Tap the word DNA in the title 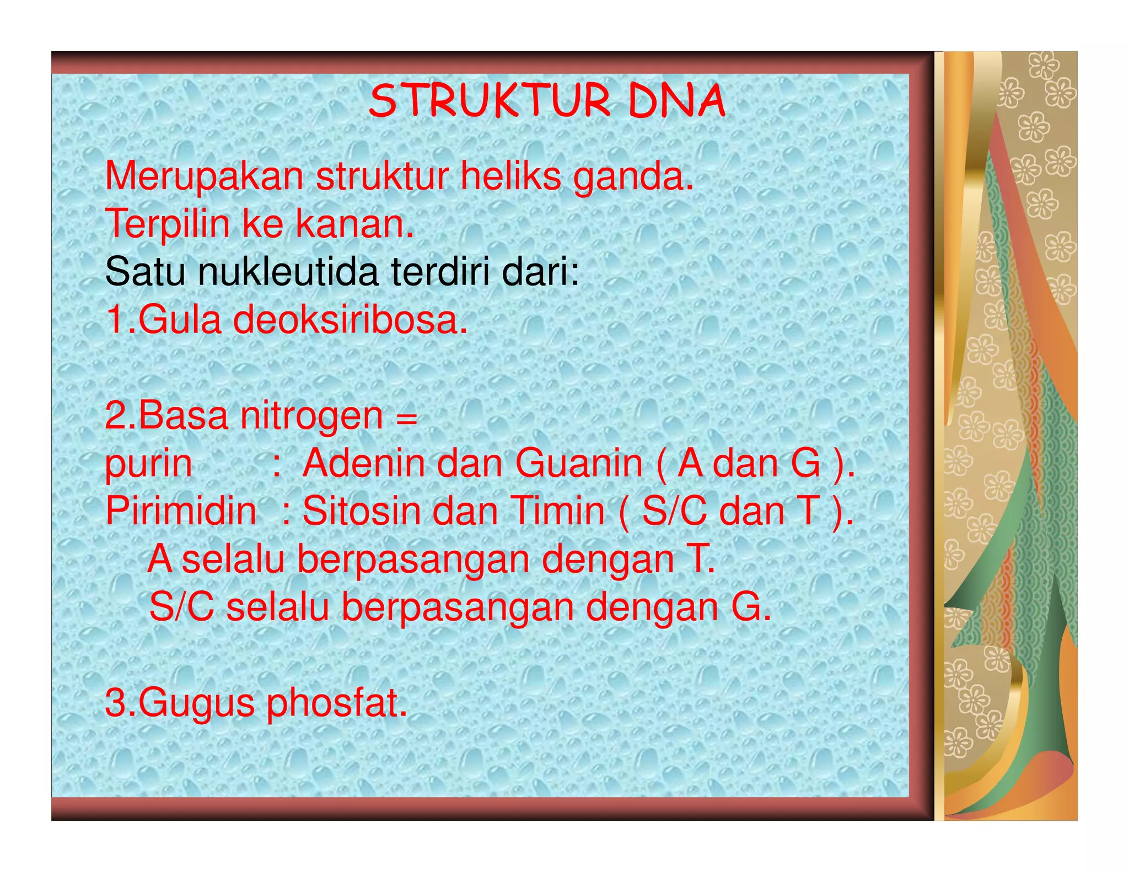tap(677, 102)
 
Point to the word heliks tap(510, 176)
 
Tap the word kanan tap(354, 224)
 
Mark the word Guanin tap(579, 463)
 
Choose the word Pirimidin tap(181, 511)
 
